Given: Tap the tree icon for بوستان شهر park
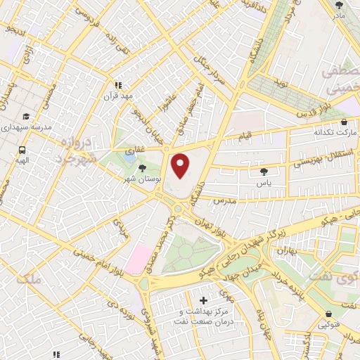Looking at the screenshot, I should pyautogui.click(x=143, y=168).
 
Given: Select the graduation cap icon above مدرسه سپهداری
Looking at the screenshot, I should pyautogui.click(x=26, y=117).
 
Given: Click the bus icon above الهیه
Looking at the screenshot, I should pyautogui.click(x=22, y=150).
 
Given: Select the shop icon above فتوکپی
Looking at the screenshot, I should pyautogui.click(x=328, y=314).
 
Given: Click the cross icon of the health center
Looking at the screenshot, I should pyautogui.click(x=204, y=301).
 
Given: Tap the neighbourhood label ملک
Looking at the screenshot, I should pyautogui.click(x=33, y=279).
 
